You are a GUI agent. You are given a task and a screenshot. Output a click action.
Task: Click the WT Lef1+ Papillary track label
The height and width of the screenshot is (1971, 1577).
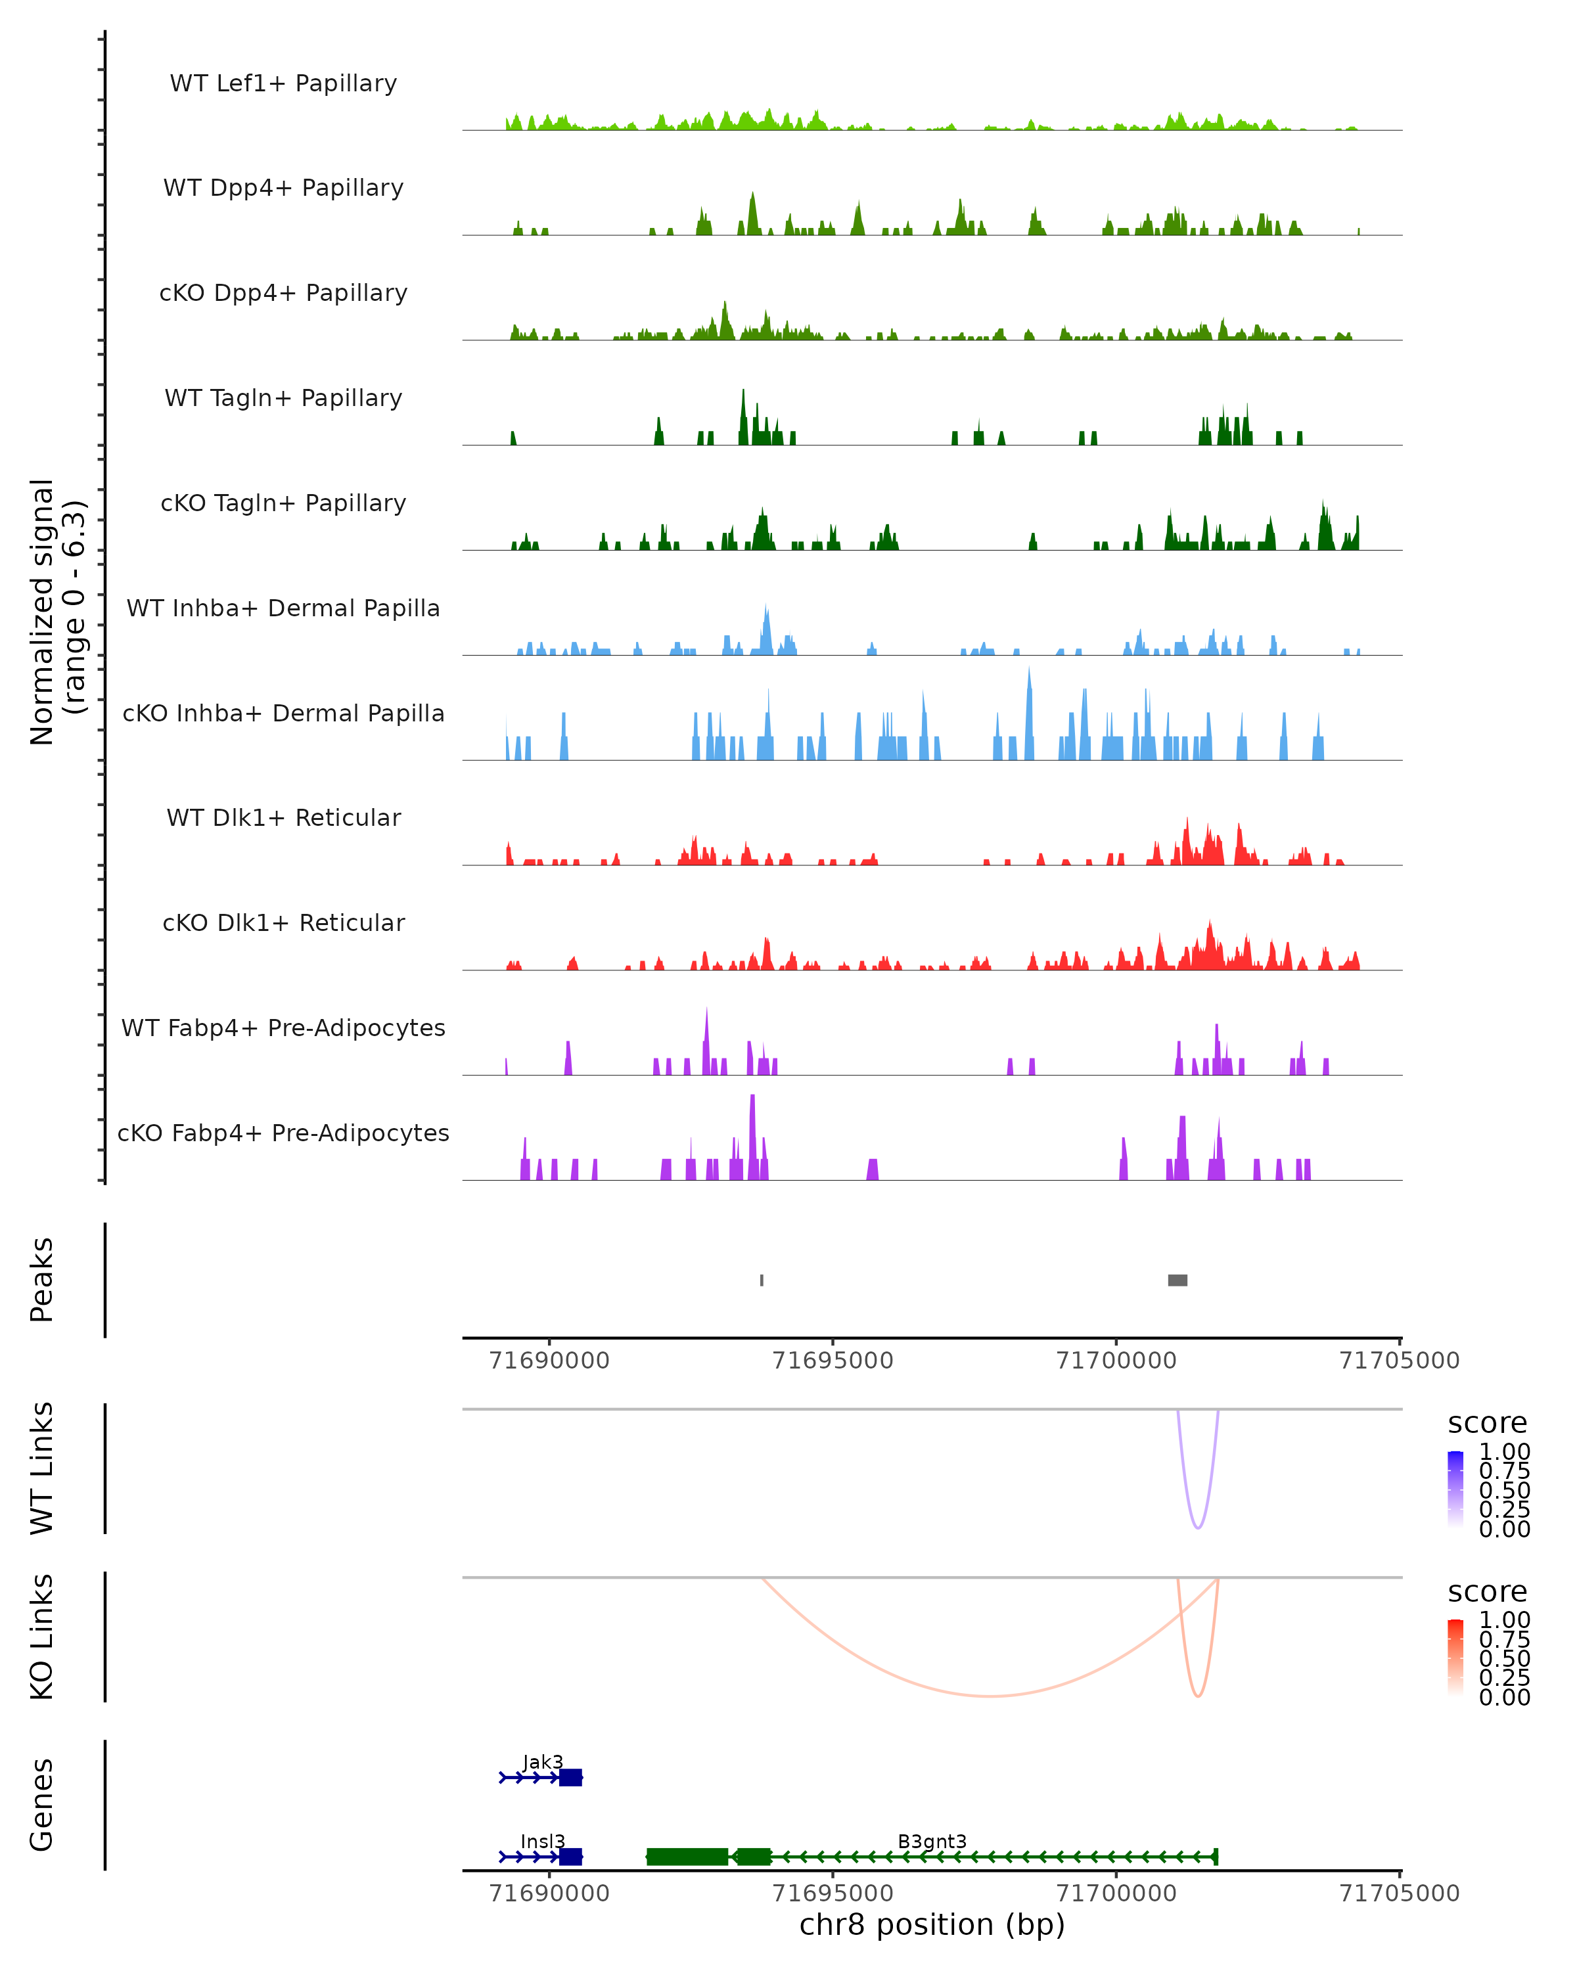(x=283, y=83)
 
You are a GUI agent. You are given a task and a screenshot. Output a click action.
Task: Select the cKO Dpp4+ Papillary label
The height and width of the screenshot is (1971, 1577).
(x=283, y=294)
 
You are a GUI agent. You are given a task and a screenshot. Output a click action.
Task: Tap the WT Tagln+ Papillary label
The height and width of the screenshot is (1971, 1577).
(x=283, y=399)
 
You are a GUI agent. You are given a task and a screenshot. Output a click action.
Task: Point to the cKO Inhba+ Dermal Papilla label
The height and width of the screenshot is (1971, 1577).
(x=283, y=714)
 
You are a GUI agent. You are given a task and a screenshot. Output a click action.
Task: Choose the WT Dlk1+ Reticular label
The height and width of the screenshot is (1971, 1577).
(x=283, y=818)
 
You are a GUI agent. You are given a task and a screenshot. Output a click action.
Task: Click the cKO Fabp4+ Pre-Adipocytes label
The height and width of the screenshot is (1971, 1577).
(x=283, y=1133)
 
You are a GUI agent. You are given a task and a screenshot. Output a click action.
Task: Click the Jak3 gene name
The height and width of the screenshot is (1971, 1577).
(x=543, y=1761)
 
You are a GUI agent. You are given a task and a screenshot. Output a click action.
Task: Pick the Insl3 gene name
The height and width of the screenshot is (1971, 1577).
(x=543, y=1841)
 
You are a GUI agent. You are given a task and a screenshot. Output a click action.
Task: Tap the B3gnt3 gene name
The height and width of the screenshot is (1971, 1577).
(x=932, y=1841)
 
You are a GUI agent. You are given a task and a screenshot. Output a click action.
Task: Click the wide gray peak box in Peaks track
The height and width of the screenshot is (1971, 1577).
(x=1177, y=1280)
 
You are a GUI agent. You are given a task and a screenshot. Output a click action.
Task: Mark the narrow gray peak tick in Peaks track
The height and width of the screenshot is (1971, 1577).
(x=762, y=1280)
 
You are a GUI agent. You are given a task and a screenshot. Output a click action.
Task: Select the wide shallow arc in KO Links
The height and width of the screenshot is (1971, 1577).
(x=989, y=1696)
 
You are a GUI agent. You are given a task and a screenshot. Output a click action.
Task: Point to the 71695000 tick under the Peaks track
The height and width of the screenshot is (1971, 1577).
(x=833, y=1361)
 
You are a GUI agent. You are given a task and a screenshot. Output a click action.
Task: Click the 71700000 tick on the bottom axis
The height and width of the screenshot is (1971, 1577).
(x=1116, y=1893)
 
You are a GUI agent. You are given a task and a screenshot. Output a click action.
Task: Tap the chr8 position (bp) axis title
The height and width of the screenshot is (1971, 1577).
(x=932, y=1925)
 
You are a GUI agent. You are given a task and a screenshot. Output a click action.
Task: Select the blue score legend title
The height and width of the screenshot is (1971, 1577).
(x=1488, y=1424)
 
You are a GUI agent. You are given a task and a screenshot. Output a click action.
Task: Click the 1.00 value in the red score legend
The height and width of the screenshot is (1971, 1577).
(x=1505, y=1620)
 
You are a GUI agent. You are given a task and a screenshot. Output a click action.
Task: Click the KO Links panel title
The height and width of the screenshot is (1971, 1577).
(x=42, y=1637)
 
